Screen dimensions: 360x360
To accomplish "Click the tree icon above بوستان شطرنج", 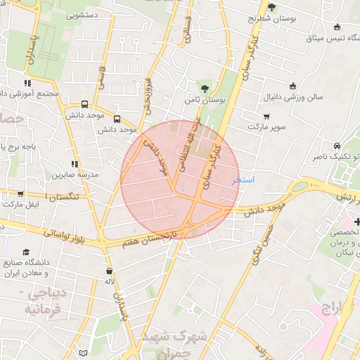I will coord(272,6).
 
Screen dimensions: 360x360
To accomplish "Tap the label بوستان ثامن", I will coord(204,101).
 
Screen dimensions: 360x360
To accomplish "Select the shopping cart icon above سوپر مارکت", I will coord(266,117).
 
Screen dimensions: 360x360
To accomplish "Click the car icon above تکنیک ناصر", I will coord(337,144).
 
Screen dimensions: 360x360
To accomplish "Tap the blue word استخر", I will coord(243,179).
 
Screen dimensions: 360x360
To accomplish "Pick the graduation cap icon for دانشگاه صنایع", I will coord(27,252).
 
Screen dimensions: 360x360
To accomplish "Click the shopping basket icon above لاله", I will coord(109,271).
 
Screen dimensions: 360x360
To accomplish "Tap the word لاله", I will coord(109,281).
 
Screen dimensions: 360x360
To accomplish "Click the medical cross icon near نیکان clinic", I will coord(355,222).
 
